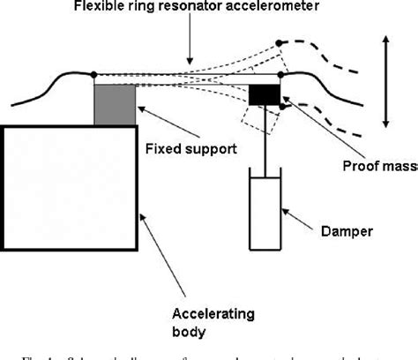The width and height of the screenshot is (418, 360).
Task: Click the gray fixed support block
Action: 115,104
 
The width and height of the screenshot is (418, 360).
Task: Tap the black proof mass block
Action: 263,94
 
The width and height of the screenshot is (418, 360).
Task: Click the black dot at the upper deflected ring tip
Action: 280,42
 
